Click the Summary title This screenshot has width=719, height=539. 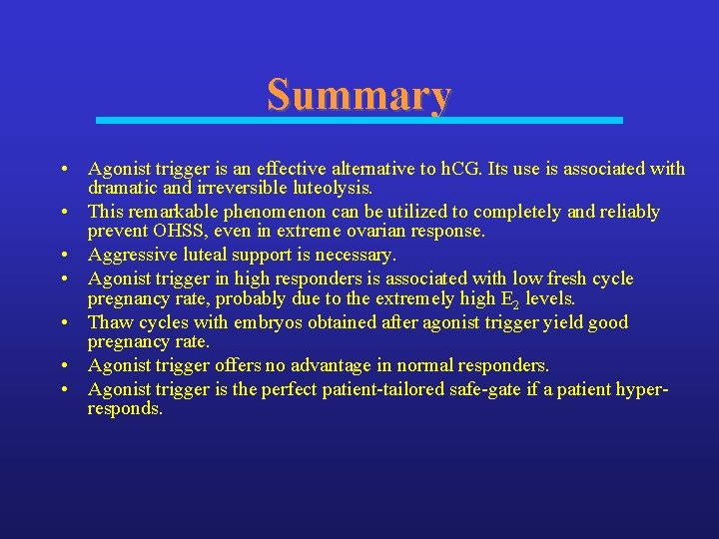[x=359, y=95]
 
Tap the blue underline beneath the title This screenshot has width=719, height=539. [x=359, y=120]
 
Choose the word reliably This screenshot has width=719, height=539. [x=627, y=212]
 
